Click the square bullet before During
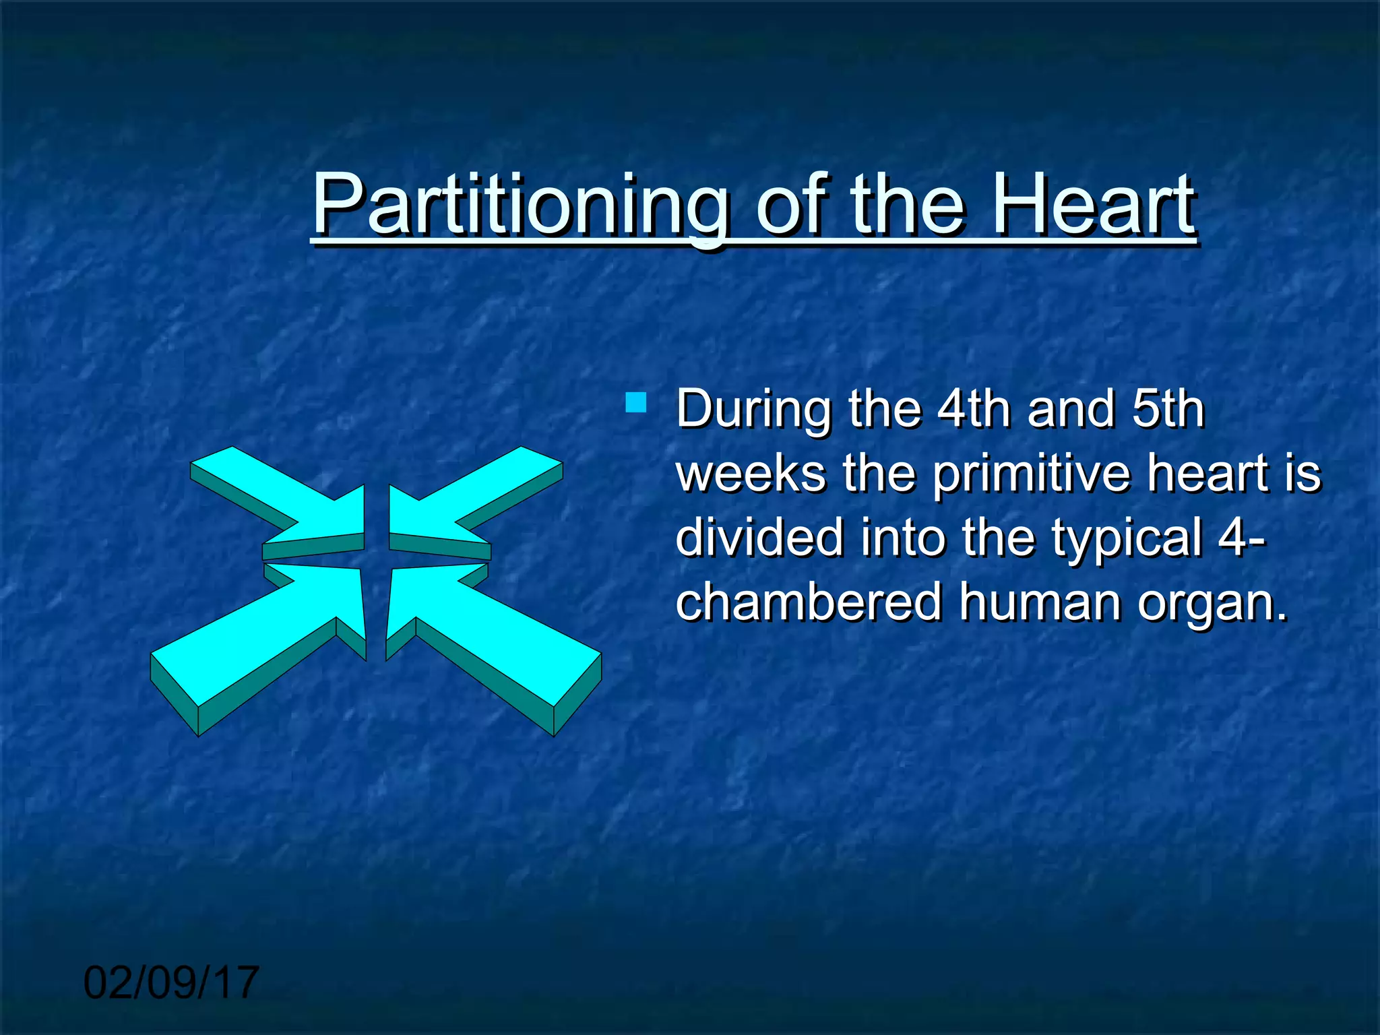[635, 403]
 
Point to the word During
[753, 409]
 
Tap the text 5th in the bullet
[1168, 409]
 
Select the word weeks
[751, 473]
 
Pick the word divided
[759, 537]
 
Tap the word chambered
[808, 601]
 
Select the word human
[1040, 601]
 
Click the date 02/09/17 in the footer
[171, 982]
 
